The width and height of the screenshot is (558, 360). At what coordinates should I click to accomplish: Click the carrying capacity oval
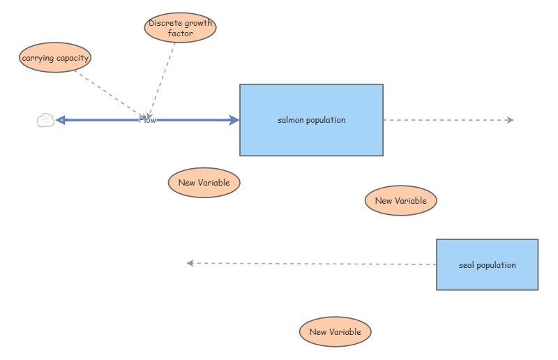click(55, 58)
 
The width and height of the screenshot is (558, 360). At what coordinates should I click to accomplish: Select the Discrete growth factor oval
click(180, 28)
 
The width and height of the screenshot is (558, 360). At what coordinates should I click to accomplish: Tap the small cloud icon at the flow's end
click(45, 121)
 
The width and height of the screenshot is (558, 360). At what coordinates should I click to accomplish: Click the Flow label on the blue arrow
click(148, 120)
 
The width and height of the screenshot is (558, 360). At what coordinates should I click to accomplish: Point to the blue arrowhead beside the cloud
click(61, 120)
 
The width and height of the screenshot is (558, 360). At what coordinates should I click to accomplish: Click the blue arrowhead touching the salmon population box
click(234, 120)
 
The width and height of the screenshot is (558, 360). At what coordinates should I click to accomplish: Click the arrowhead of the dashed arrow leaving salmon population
click(511, 120)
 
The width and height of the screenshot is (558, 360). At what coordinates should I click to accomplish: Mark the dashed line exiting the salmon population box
click(446, 120)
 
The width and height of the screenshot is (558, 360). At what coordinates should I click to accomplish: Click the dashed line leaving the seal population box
click(314, 264)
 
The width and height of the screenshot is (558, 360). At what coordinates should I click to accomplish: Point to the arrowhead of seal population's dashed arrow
click(190, 263)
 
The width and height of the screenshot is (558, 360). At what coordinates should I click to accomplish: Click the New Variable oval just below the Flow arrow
click(204, 183)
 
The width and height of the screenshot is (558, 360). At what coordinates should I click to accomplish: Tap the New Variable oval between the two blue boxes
click(400, 201)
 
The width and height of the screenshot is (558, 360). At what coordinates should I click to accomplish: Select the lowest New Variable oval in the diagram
click(335, 332)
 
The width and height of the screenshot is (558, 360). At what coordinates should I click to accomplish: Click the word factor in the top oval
click(180, 33)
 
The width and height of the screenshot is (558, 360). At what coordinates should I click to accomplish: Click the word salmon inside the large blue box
click(291, 120)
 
